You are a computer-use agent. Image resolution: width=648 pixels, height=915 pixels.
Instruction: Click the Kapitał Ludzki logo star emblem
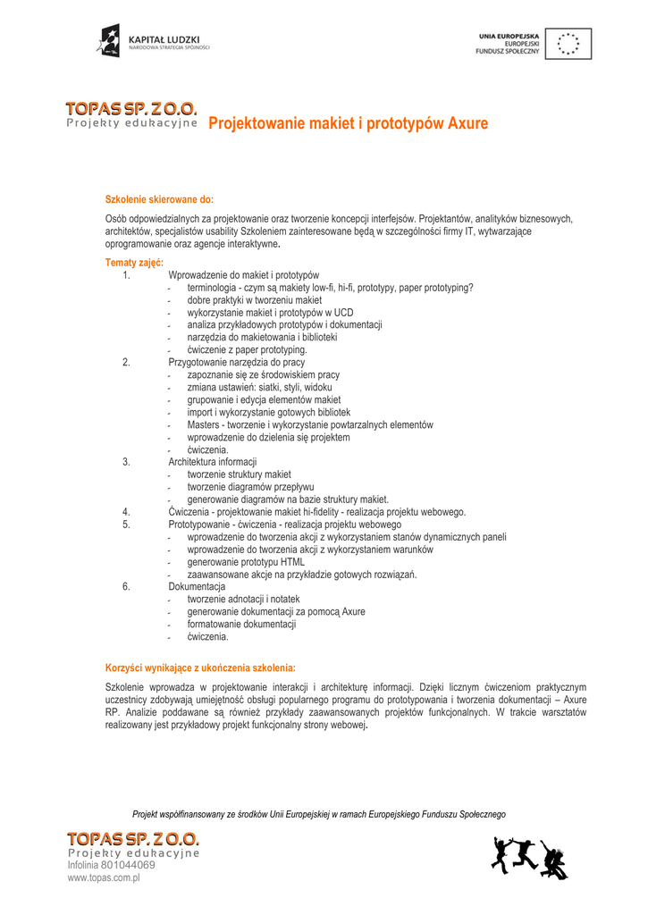[x=109, y=40]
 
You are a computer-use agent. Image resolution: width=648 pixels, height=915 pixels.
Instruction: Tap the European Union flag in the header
[x=568, y=44]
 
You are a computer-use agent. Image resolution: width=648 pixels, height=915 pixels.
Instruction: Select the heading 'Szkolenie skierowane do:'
[x=160, y=198]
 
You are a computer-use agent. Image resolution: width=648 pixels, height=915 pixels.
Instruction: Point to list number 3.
[x=126, y=462]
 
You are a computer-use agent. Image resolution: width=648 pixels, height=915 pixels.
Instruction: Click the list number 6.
[x=126, y=587]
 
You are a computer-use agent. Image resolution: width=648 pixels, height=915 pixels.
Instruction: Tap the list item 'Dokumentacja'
[x=197, y=587]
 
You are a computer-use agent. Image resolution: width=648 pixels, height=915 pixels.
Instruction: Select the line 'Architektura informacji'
[x=212, y=462]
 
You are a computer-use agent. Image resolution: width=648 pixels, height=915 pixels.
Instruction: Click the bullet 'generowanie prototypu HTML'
[x=246, y=562]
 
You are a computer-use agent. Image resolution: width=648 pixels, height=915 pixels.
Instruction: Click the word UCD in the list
[x=343, y=313]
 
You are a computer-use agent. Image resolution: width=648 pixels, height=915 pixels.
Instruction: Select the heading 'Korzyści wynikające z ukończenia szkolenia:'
[x=200, y=667]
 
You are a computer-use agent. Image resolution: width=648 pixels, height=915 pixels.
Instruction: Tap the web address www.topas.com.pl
[x=104, y=878]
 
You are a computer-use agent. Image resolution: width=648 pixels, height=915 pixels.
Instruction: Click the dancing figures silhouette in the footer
[x=528, y=858]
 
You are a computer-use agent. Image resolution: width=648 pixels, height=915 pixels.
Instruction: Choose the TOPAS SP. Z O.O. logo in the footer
[x=133, y=839]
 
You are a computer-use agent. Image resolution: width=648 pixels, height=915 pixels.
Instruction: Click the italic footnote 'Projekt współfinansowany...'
[x=318, y=814]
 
